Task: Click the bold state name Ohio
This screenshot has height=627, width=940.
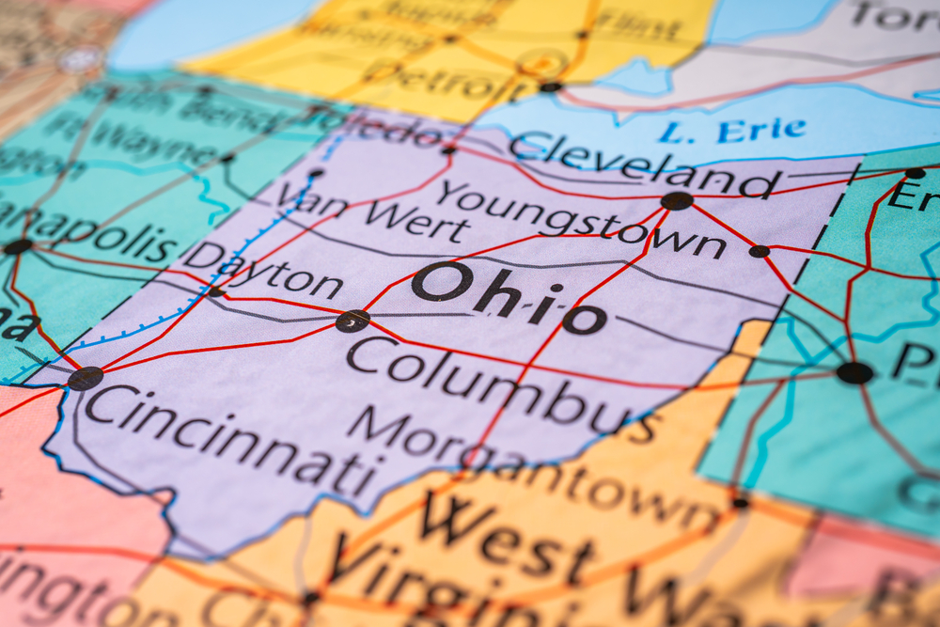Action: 508,298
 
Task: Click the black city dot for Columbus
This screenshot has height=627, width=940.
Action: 352,321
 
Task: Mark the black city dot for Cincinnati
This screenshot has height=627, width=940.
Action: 85,378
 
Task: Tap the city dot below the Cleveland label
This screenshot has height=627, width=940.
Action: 676,200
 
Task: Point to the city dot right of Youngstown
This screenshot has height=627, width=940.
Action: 759,251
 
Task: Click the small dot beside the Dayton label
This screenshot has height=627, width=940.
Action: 216,292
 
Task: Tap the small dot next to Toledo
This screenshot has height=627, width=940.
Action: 449,149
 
